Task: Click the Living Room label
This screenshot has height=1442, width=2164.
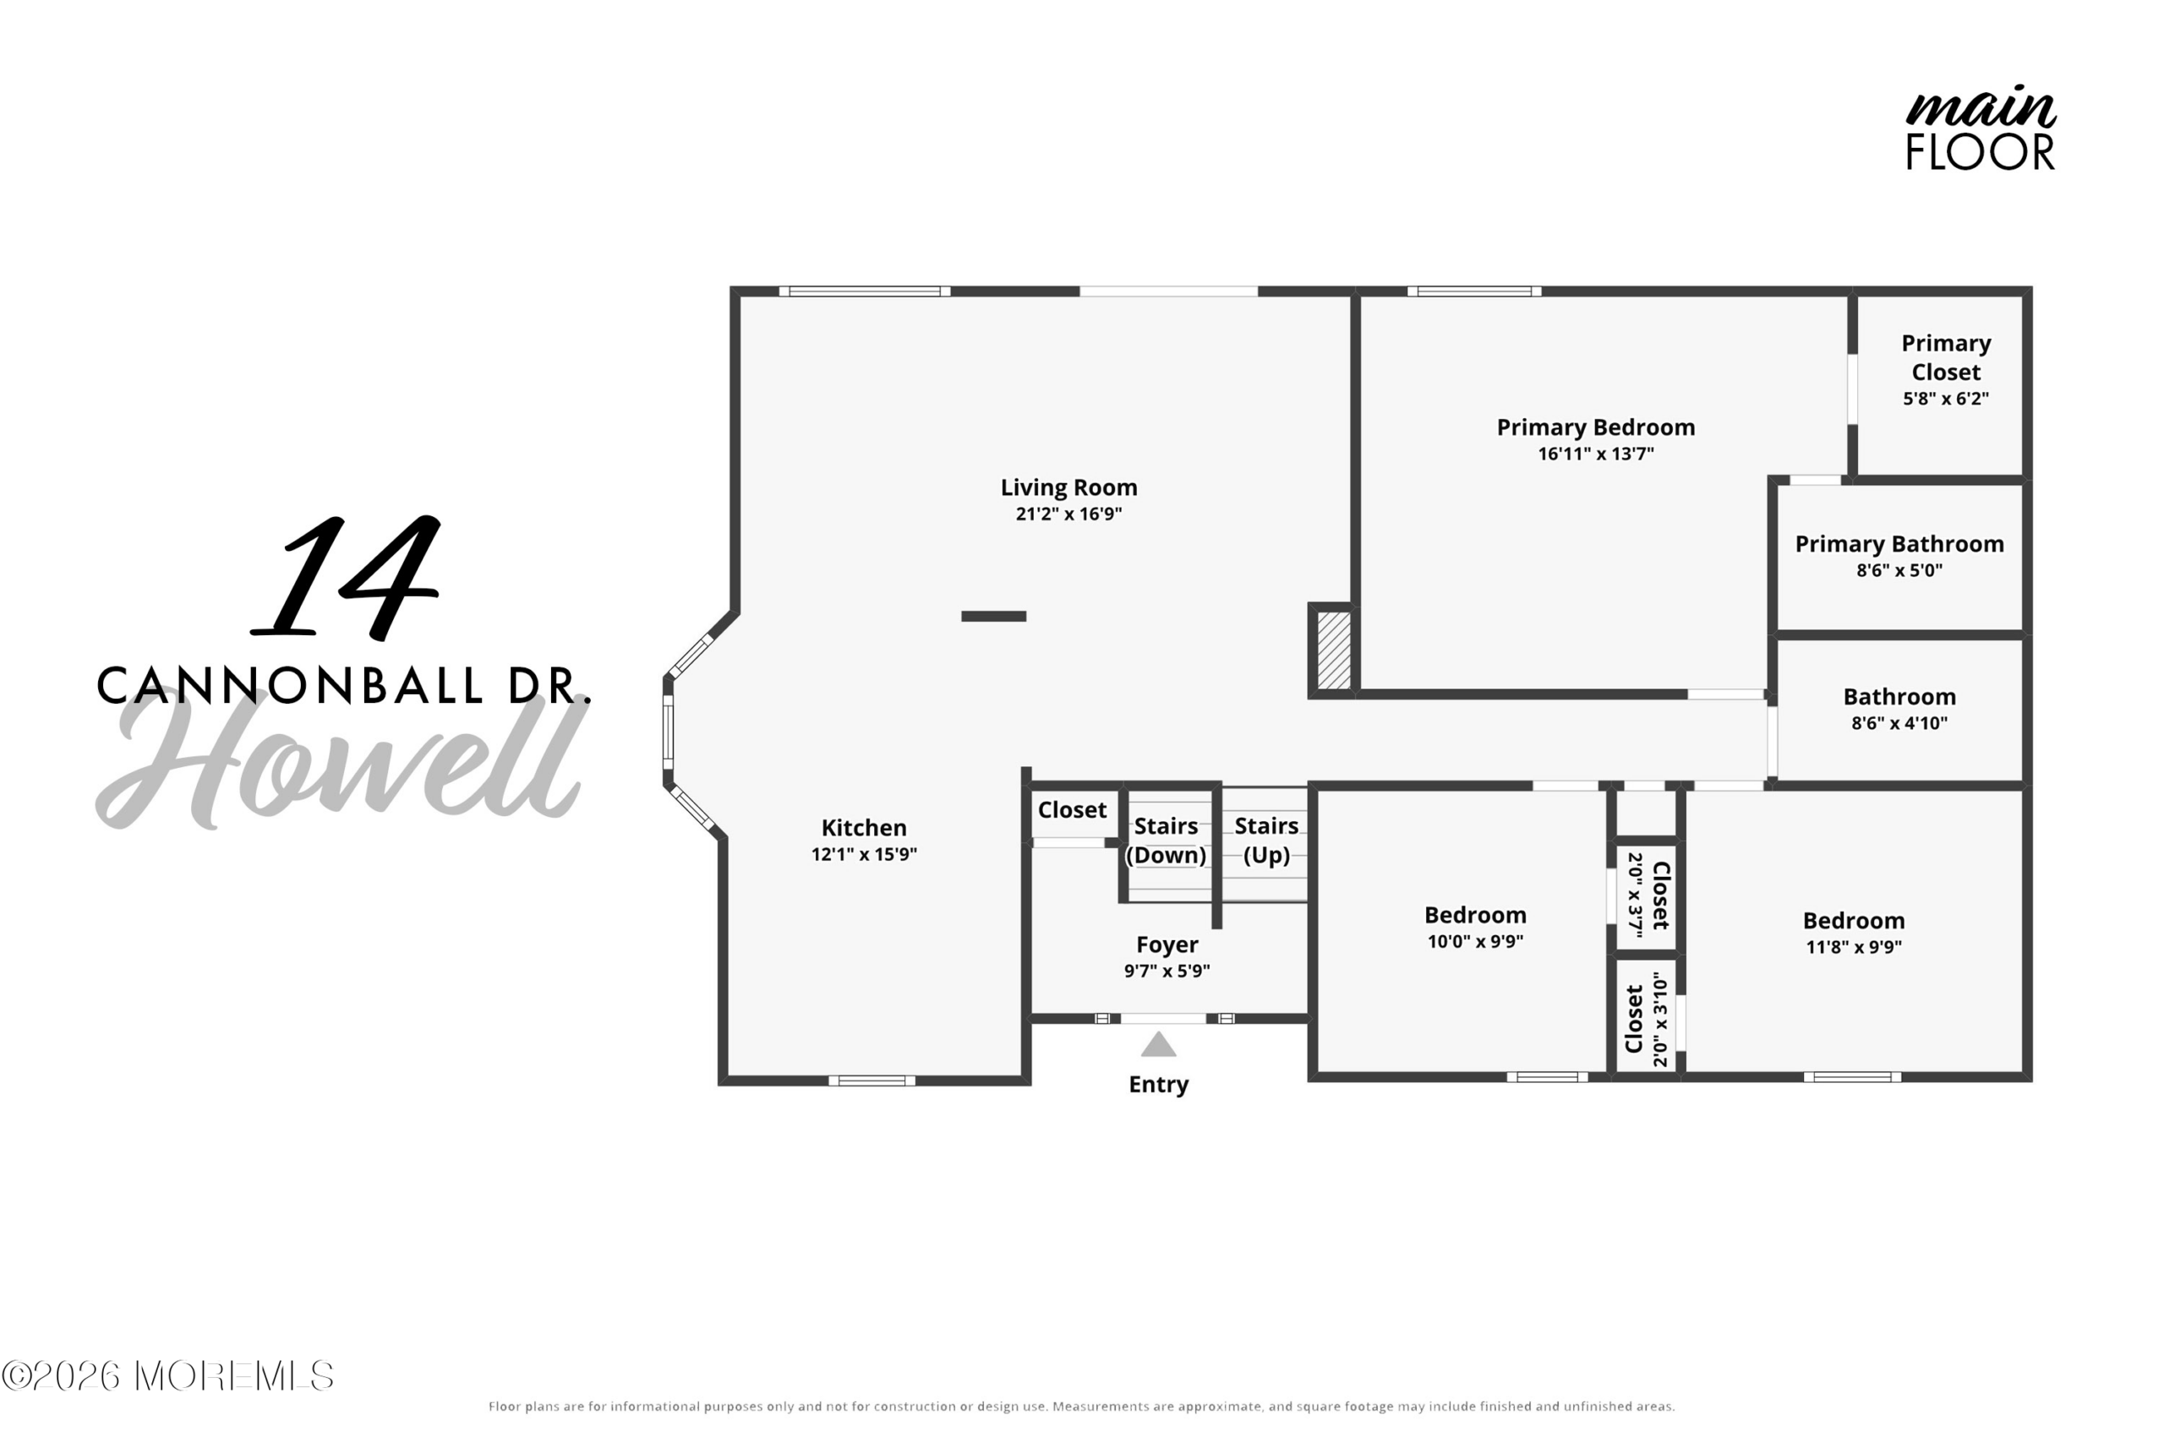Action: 1068,487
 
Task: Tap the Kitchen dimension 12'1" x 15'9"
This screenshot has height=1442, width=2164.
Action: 864,854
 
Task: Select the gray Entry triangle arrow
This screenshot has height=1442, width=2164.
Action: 1158,1044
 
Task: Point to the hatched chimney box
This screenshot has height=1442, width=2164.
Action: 1333,650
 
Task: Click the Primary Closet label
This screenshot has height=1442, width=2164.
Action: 1946,357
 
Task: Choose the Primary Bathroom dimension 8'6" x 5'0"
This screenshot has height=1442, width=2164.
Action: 1899,570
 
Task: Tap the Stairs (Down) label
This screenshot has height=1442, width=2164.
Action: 1166,841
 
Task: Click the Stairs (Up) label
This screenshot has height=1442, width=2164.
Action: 1266,841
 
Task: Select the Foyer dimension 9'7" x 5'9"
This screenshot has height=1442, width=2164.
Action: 1167,971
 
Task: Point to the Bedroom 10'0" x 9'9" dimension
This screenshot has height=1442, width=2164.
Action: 1475,941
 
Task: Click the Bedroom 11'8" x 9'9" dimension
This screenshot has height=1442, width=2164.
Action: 1853,946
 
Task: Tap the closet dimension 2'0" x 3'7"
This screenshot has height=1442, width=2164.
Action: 1635,895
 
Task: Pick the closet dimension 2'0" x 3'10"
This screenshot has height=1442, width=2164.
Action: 1660,1019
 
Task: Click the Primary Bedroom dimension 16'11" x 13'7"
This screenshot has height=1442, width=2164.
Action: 1595,454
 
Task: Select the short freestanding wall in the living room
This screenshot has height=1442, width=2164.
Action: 994,616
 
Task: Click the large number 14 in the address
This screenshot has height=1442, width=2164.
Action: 345,577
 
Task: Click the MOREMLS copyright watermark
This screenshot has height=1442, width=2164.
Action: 167,1376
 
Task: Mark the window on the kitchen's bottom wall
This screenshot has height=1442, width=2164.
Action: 872,1080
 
